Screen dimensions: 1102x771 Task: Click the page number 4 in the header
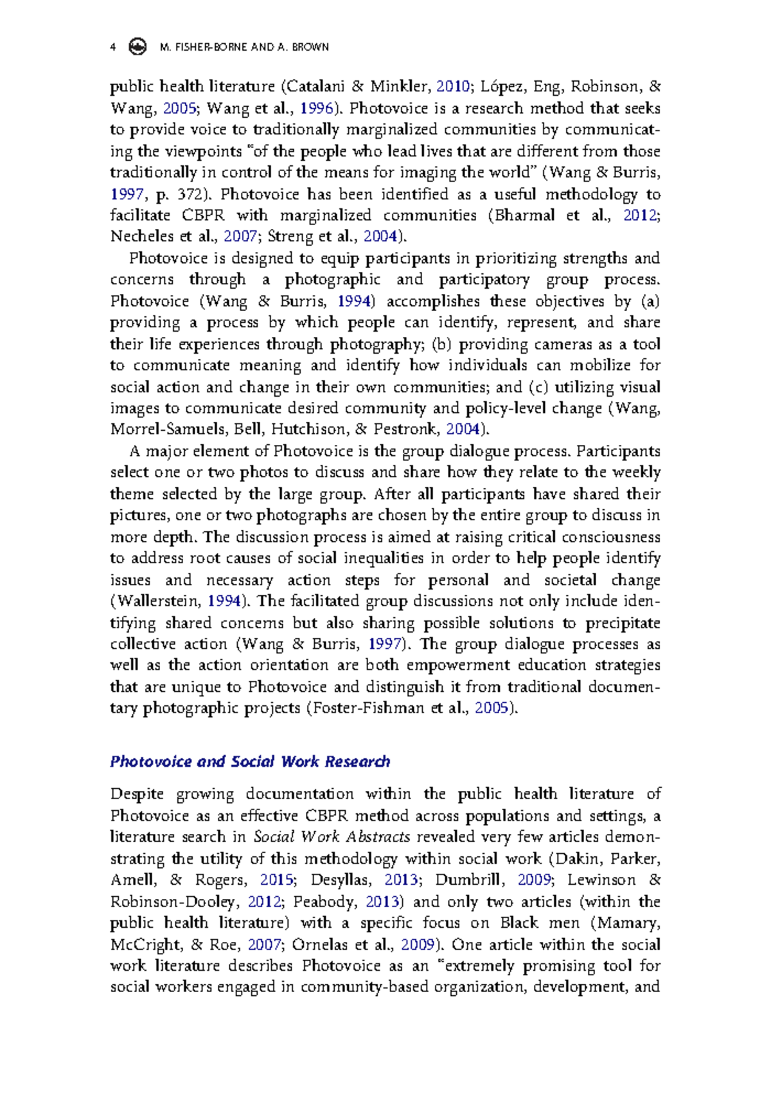(x=113, y=47)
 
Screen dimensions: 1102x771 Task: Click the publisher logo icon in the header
(x=137, y=47)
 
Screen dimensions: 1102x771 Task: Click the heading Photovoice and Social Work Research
(x=250, y=761)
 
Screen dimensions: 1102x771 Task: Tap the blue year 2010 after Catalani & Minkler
(x=452, y=86)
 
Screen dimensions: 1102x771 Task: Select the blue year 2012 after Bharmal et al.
(x=640, y=215)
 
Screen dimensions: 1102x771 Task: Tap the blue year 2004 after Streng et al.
(x=380, y=237)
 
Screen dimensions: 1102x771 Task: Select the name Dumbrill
(x=466, y=880)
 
